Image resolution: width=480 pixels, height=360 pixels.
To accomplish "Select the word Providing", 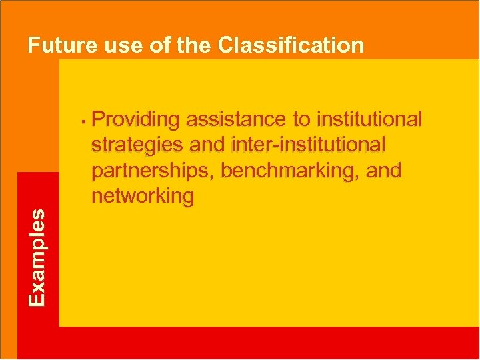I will coord(136,119).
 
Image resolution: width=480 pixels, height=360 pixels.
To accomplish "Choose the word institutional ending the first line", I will coord(371,119).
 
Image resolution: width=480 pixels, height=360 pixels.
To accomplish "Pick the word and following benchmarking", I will coord(384,170).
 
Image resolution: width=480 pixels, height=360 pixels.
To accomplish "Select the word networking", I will coord(143,196).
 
